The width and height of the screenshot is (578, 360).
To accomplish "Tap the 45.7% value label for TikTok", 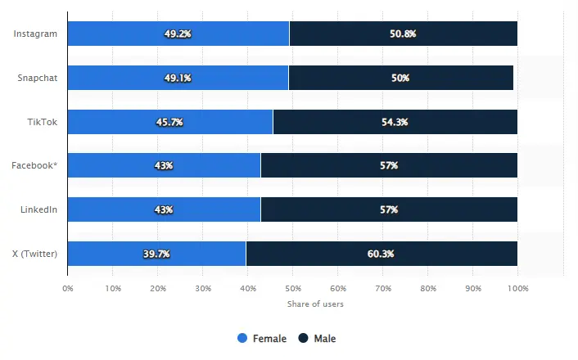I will click(x=169, y=122).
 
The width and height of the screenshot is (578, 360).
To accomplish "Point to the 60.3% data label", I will click(x=382, y=254).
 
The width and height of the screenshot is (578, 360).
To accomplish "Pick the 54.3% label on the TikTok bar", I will click(x=395, y=122).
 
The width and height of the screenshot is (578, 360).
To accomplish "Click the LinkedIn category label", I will click(x=38, y=209).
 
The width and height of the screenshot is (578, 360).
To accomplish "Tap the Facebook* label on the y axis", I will click(x=34, y=165).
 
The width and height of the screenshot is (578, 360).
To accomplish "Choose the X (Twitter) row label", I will click(x=35, y=254).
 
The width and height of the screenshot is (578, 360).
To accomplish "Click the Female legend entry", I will click(x=262, y=338).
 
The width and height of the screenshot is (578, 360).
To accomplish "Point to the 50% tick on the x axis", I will click(x=292, y=288).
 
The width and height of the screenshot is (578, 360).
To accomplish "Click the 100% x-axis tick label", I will click(x=517, y=288).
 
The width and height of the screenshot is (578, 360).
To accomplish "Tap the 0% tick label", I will click(x=68, y=288).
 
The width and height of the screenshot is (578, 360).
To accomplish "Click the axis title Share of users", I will click(x=315, y=304).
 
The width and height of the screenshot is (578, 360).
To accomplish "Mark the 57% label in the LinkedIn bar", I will click(x=389, y=209).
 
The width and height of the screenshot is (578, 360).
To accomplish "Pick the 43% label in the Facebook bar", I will click(x=164, y=165).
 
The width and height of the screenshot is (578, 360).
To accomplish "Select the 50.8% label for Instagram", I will click(x=404, y=34).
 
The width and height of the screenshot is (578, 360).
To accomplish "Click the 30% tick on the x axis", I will click(x=203, y=288).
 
